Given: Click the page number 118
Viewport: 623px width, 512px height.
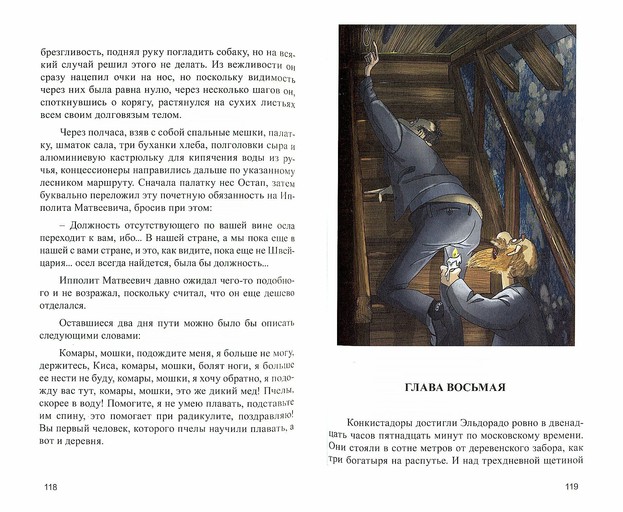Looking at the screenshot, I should pyautogui.click(x=51, y=487).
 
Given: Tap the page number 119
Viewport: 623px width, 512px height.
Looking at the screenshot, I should pyautogui.click(x=572, y=487).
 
